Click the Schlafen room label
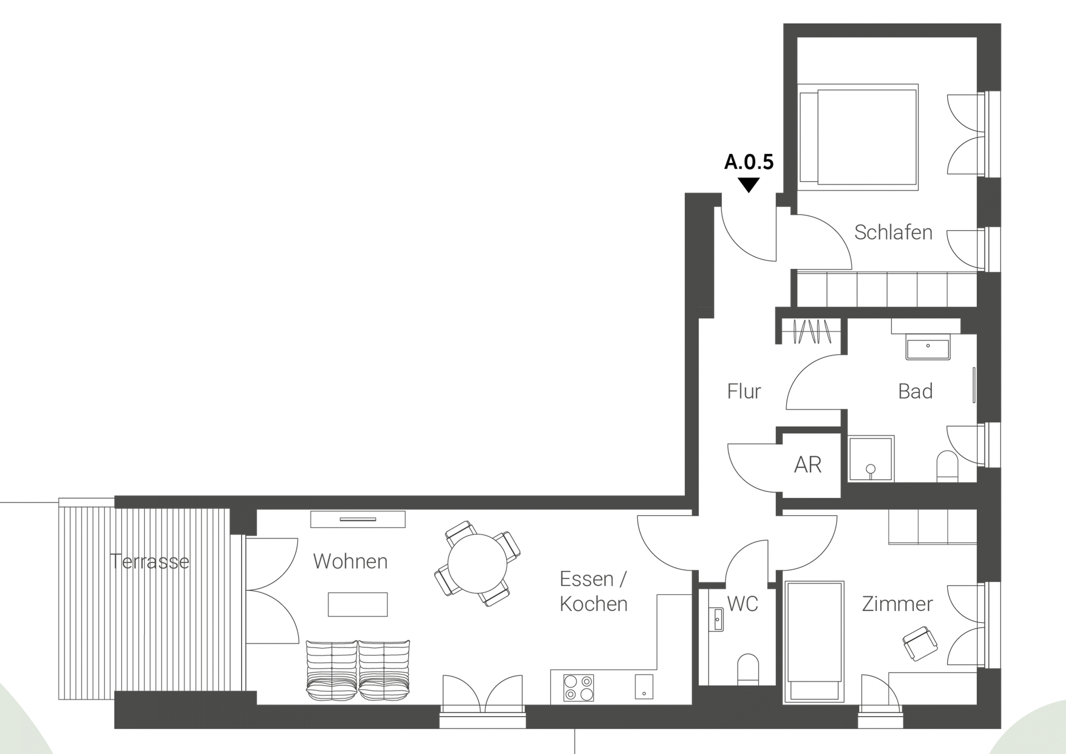[893, 232]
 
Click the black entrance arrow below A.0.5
[749, 185]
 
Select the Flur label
[744, 391]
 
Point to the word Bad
[915, 391]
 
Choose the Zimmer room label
[897, 604]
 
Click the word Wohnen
[350, 561]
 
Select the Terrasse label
[150, 562]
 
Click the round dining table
[477, 564]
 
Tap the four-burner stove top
[578, 688]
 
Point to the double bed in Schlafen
[858, 137]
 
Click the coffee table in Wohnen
[358, 604]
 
